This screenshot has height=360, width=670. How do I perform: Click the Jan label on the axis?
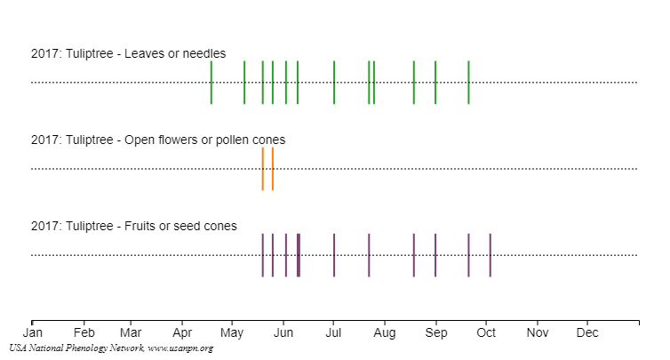[32, 333]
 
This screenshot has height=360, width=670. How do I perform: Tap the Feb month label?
[84, 333]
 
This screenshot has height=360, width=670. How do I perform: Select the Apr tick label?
[182, 333]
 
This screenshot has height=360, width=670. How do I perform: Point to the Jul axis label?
[333, 333]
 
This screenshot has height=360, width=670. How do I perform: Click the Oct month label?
[486, 333]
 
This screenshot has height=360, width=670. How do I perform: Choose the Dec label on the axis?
[587, 333]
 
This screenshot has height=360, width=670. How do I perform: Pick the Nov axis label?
[538, 333]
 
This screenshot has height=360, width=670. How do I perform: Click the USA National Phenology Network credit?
[111, 348]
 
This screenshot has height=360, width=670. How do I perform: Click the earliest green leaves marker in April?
[211, 83]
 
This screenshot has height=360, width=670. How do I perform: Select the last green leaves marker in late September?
[468, 83]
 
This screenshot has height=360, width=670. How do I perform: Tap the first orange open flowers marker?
[263, 169]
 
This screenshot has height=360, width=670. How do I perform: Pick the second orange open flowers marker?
[273, 169]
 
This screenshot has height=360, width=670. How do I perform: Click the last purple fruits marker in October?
[490, 255]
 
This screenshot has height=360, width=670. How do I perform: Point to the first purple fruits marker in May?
[263, 255]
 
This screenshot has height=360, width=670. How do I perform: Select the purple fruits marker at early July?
[334, 255]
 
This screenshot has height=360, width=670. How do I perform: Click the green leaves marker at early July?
[334, 83]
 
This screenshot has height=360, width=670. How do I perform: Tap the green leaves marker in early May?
[244, 83]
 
